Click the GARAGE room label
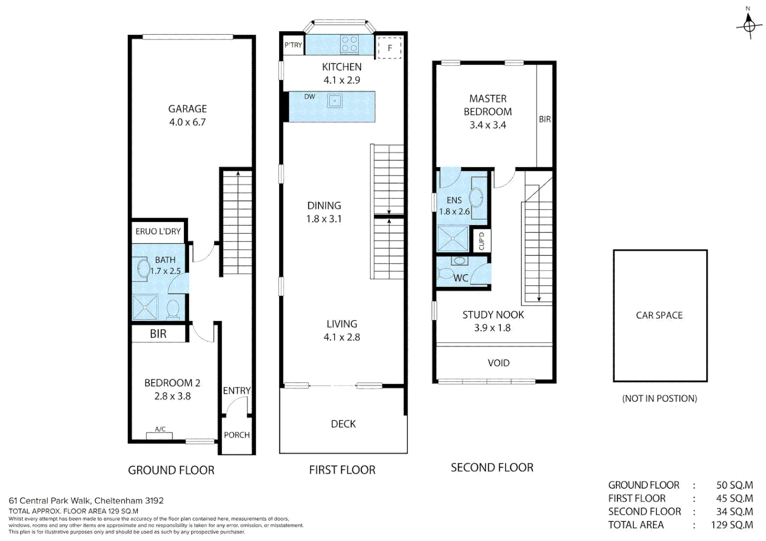point(187,109)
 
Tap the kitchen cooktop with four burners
point(349,44)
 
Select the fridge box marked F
point(390,48)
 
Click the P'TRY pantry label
point(293,45)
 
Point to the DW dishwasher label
point(310,97)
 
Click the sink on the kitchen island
point(334,101)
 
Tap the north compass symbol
point(749,25)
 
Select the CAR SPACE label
point(659,315)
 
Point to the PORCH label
point(237,435)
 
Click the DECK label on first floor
point(343,424)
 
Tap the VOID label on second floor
point(498,363)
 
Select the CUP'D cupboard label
point(482,241)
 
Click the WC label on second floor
point(461,278)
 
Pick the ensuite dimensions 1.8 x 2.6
point(454,211)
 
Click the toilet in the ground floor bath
point(173,309)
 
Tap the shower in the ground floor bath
point(145,307)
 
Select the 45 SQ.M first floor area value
point(734,498)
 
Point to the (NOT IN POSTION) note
point(659,398)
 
